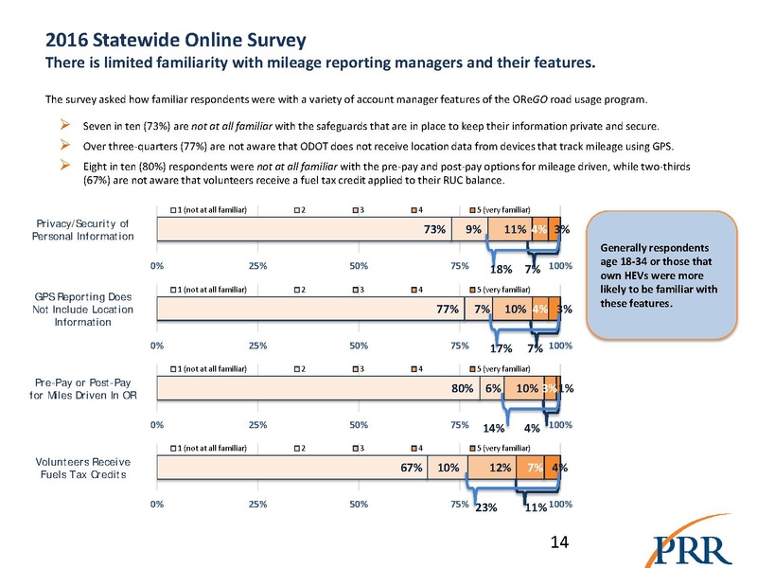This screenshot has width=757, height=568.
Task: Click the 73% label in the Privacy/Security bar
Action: coord(435,228)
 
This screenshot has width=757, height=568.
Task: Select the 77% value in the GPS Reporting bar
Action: coord(448,309)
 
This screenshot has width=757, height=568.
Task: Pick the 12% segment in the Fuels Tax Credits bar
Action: coord(501,467)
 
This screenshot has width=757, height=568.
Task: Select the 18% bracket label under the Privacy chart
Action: coord(501,269)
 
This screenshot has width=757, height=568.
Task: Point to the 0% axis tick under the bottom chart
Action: coord(156,505)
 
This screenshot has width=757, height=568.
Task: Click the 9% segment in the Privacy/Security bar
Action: coord(470,228)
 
